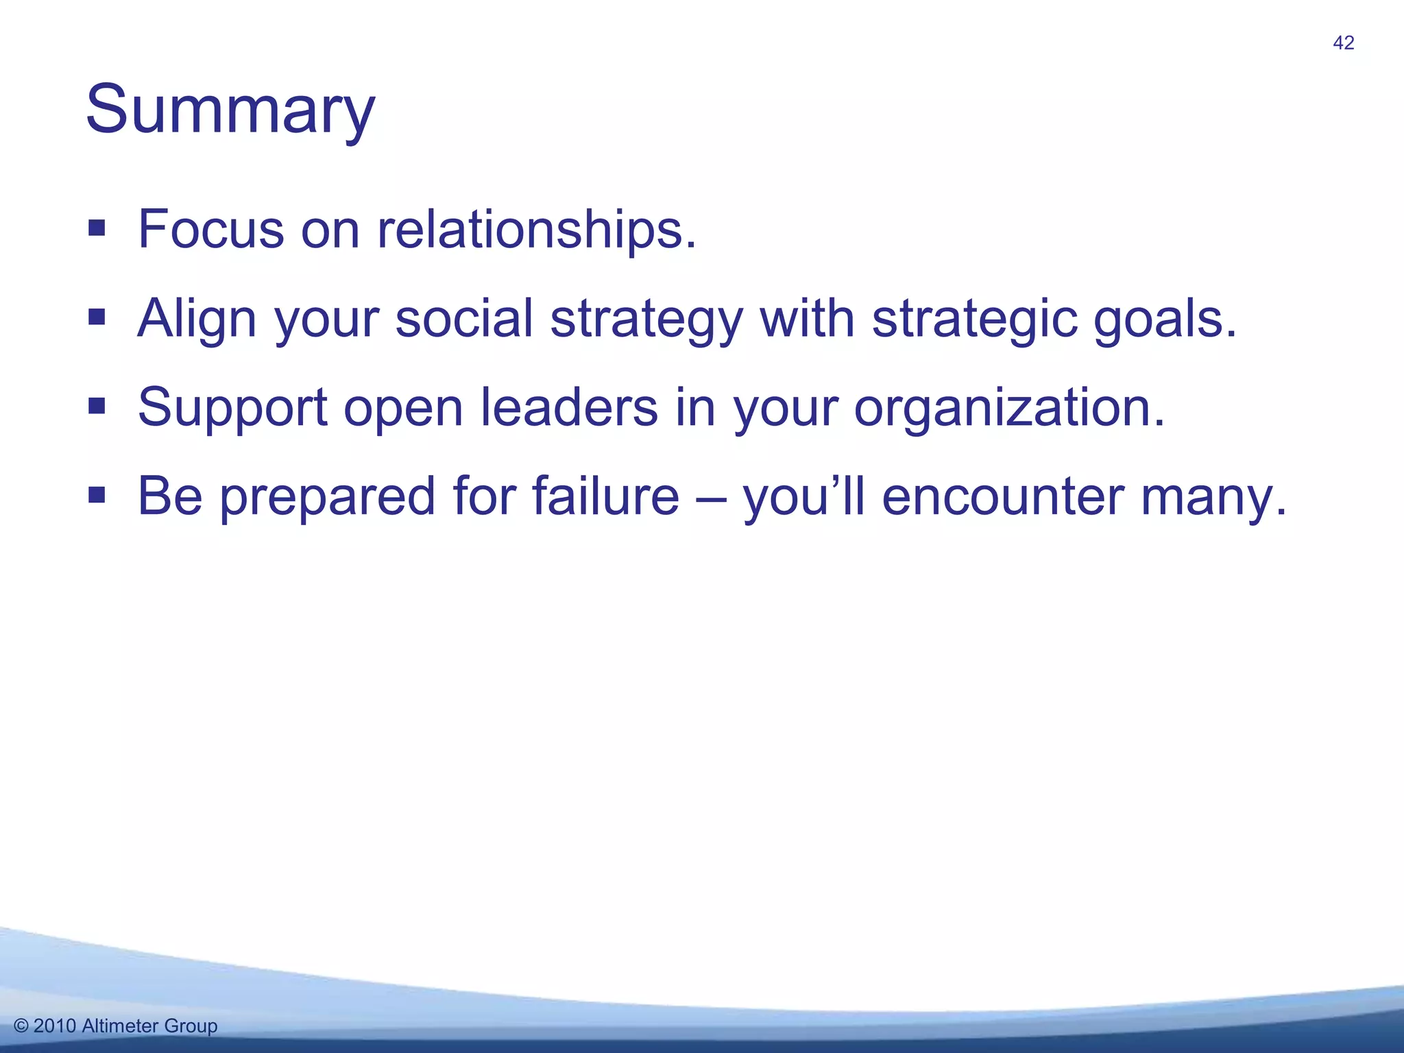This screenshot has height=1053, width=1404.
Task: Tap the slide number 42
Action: (x=1343, y=43)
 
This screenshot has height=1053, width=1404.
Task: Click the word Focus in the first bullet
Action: (x=210, y=229)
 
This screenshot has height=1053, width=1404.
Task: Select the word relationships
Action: (x=536, y=229)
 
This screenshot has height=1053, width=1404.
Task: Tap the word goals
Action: (x=1164, y=319)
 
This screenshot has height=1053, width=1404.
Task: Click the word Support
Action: (x=232, y=409)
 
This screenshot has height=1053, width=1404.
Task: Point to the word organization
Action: (x=1008, y=409)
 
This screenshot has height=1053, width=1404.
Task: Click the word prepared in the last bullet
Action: (x=327, y=497)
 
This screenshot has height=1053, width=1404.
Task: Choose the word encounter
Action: (x=1002, y=496)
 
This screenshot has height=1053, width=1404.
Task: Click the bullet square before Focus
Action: (x=97, y=228)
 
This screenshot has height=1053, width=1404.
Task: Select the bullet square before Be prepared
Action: (x=97, y=494)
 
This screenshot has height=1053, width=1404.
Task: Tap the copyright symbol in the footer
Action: (x=21, y=1026)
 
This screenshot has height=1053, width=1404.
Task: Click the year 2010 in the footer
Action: (x=55, y=1026)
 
